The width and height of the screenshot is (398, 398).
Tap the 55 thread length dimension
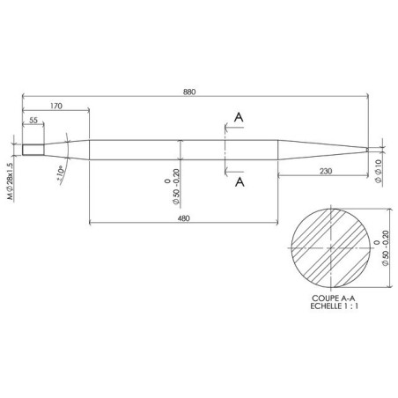[x=33, y=120]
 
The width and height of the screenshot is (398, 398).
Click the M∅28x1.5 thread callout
[x=11, y=166]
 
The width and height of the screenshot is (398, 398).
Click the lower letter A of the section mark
[x=240, y=181]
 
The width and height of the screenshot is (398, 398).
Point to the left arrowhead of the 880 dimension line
[x=24, y=97]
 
